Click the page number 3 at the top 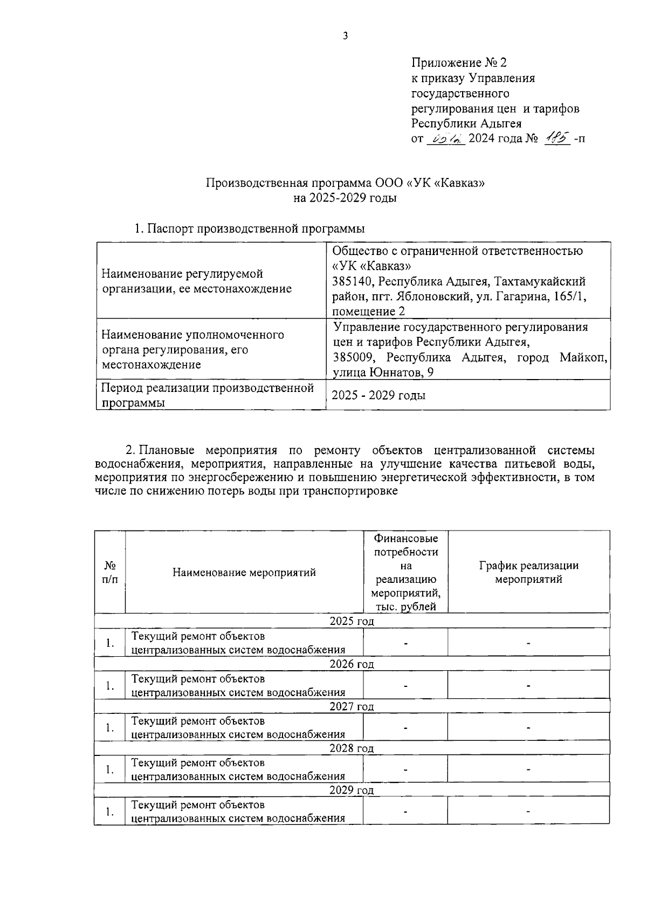click(345, 36)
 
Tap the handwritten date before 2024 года click(446, 139)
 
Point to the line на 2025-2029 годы click(345, 198)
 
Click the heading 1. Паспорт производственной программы click(249, 228)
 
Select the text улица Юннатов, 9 click(383, 372)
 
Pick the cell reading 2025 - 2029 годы click(378, 395)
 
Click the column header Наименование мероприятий click(244, 573)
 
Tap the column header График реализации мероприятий click(528, 573)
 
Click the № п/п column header click(110, 573)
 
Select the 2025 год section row click(352, 621)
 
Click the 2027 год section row click(352, 706)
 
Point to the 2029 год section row click(352, 790)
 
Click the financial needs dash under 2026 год click(405, 685)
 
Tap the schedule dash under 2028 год click(528, 769)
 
